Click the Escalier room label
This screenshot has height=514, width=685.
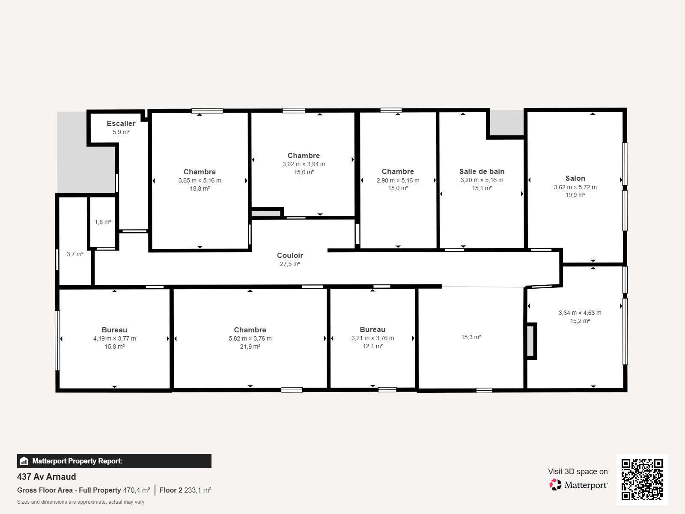point(121,124)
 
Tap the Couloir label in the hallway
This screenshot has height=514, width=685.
point(290,255)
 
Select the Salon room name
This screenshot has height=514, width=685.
point(575,178)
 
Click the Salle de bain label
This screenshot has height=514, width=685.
point(482,171)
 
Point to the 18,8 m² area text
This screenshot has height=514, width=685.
point(200,188)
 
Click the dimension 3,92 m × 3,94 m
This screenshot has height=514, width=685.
point(304,164)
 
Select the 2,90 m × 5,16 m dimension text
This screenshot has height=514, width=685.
point(398,180)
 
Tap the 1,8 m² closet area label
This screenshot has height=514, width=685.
point(103,222)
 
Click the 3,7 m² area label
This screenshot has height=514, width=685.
point(75,254)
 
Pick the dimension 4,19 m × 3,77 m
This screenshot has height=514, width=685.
point(115,338)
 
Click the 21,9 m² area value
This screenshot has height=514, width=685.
point(250,347)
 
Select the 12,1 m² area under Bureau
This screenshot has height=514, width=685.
point(372,346)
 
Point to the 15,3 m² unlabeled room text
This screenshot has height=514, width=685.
point(471,337)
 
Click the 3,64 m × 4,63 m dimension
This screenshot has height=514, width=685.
point(580,313)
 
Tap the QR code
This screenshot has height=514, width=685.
point(642,480)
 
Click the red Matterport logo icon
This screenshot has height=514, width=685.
point(555,485)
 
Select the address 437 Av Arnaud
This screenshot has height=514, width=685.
point(47,477)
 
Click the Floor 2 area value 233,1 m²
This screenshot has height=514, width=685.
point(197,490)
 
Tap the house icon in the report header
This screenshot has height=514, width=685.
point(24,461)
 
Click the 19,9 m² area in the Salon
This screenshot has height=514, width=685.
point(575,195)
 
